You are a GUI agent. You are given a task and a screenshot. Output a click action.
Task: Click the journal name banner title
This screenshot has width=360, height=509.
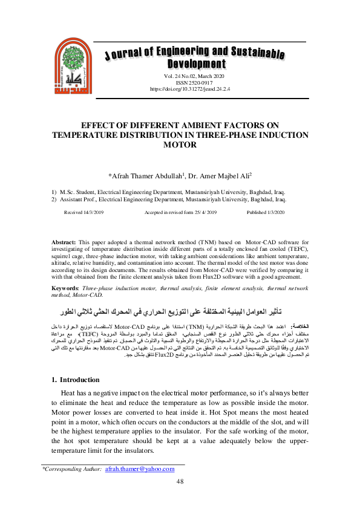(x=195, y=57)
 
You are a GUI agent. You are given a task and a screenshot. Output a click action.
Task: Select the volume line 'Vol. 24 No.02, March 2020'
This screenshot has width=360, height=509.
(x=195, y=77)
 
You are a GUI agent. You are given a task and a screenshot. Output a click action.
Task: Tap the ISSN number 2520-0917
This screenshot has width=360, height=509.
(x=195, y=83)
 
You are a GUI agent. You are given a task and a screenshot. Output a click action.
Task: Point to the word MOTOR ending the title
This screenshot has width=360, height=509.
(x=180, y=145)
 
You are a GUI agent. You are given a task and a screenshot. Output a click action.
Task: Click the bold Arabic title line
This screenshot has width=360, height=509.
(x=180, y=313)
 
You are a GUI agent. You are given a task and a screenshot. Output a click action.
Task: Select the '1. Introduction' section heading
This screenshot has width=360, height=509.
(x=76, y=380)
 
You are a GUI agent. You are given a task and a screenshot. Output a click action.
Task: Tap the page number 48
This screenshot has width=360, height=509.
(x=180, y=481)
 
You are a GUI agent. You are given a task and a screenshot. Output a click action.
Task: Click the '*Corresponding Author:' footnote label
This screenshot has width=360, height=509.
(x=71, y=468)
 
